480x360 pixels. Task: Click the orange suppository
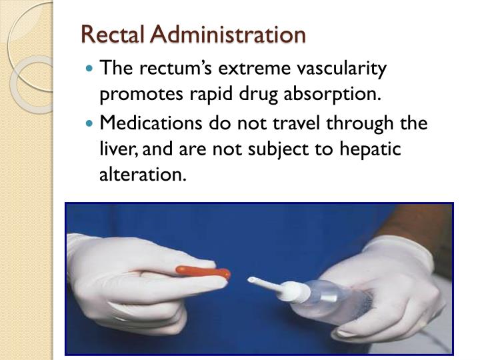[203, 272]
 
